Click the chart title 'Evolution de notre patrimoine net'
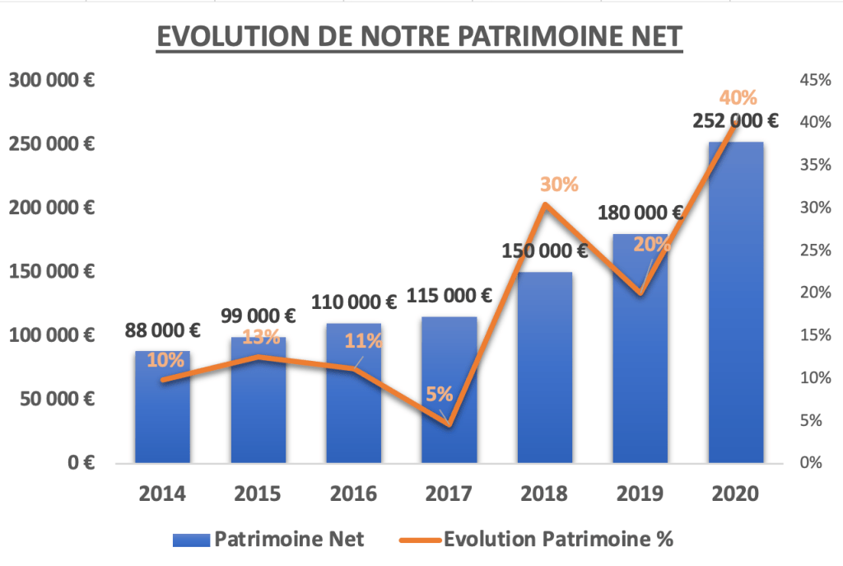point(420,38)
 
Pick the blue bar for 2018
point(544,371)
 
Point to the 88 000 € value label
point(163,330)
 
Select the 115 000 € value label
point(449,295)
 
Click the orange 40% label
point(738,97)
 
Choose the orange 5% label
point(439,395)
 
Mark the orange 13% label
point(261,336)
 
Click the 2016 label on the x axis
point(353,493)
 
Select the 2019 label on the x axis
point(640,493)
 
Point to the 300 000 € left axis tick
point(52,80)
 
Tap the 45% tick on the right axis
point(814,80)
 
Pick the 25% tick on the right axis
point(814,250)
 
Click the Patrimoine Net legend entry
point(268,540)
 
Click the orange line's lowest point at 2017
point(449,424)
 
